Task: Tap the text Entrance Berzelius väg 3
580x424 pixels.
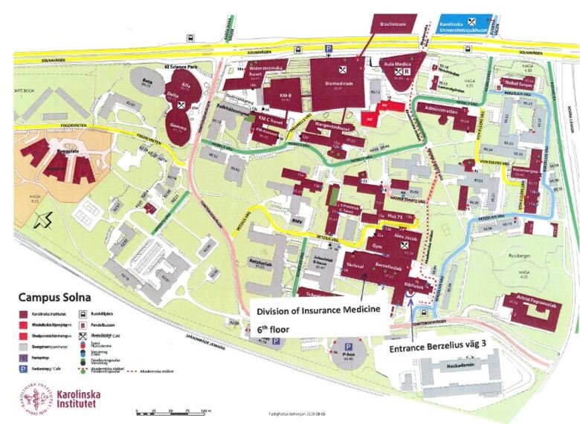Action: coord(432,346)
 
